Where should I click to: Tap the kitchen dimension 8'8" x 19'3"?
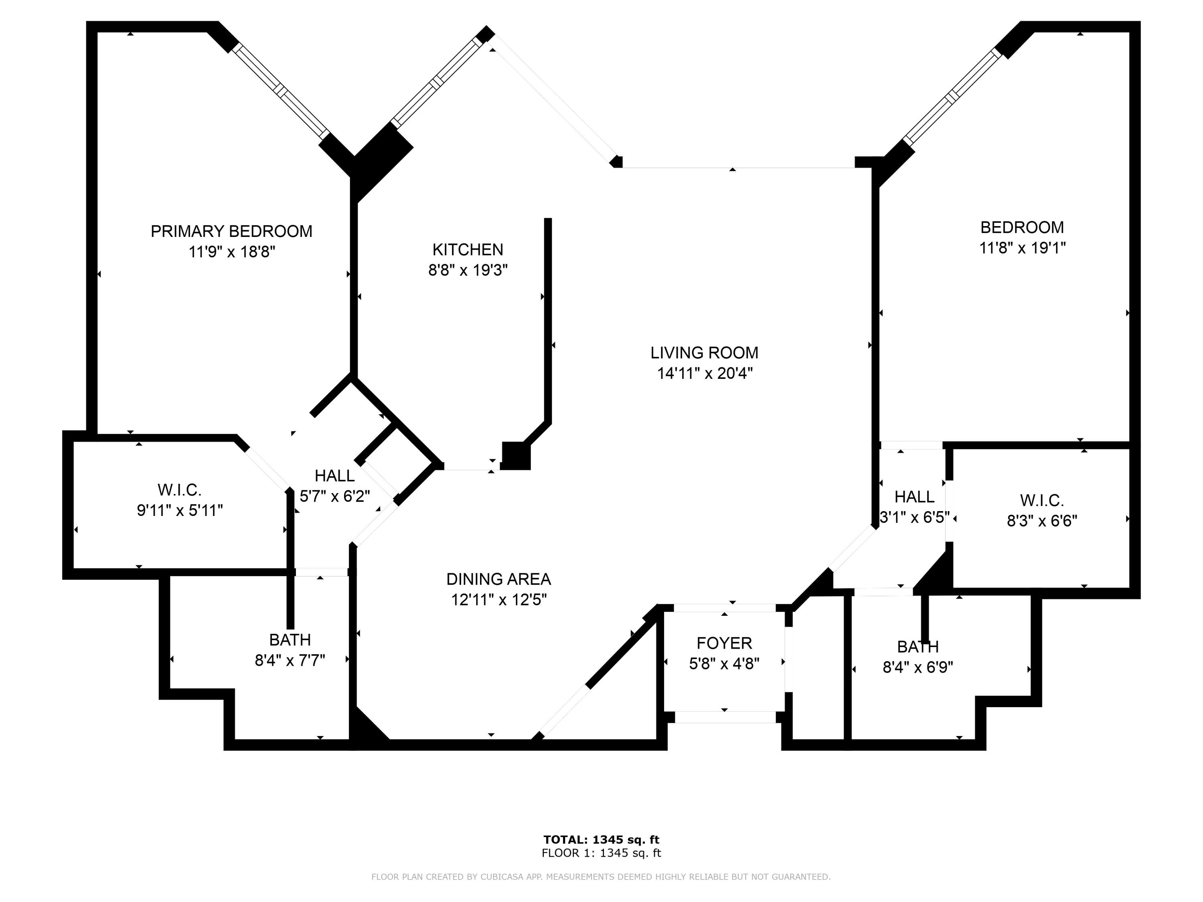pyautogui.click(x=468, y=270)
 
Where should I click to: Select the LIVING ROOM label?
pyautogui.click(x=704, y=353)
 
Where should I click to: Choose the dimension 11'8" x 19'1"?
pyautogui.click(x=1022, y=248)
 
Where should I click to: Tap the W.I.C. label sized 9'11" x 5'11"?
pyautogui.click(x=180, y=490)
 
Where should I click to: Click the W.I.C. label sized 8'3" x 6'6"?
pyautogui.click(x=1041, y=500)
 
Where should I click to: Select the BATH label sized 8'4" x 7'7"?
pyautogui.click(x=290, y=639)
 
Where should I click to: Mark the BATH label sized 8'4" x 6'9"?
pyautogui.click(x=917, y=647)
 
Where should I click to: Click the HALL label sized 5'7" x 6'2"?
pyautogui.click(x=334, y=476)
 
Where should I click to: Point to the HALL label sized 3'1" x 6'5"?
pyautogui.click(x=914, y=496)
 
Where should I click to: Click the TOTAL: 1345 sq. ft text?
pyautogui.click(x=601, y=839)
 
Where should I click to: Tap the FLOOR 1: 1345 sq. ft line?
pyautogui.click(x=601, y=853)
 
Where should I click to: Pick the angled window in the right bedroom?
pyautogui.click(x=952, y=97)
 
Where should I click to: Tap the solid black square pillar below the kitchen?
pyautogui.click(x=515, y=456)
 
